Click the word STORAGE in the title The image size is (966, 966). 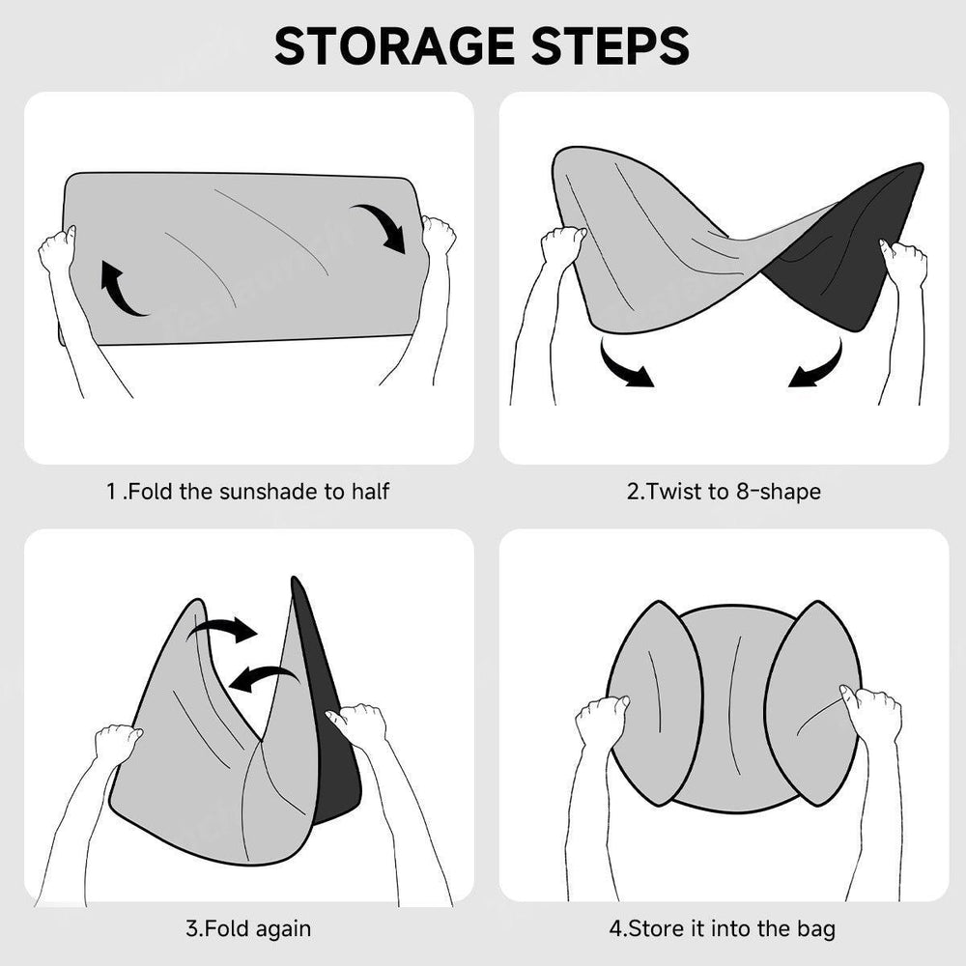coord(394,45)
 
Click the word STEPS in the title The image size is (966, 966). coord(610,45)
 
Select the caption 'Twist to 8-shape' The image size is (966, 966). coord(733,492)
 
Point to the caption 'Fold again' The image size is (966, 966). coord(257,928)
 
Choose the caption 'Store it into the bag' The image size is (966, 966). coord(731,928)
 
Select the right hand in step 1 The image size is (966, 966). coord(439,236)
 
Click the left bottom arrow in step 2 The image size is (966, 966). coord(623,366)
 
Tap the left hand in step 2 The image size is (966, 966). coord(562,243)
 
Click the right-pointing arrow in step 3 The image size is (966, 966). coord(223,630)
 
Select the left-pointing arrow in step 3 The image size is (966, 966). coord(264,678)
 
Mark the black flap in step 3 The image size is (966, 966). coord(327,708)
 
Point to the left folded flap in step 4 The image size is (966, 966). coord(654,703)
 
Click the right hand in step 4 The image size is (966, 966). coord(870,714)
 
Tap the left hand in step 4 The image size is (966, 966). coord(600,719)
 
